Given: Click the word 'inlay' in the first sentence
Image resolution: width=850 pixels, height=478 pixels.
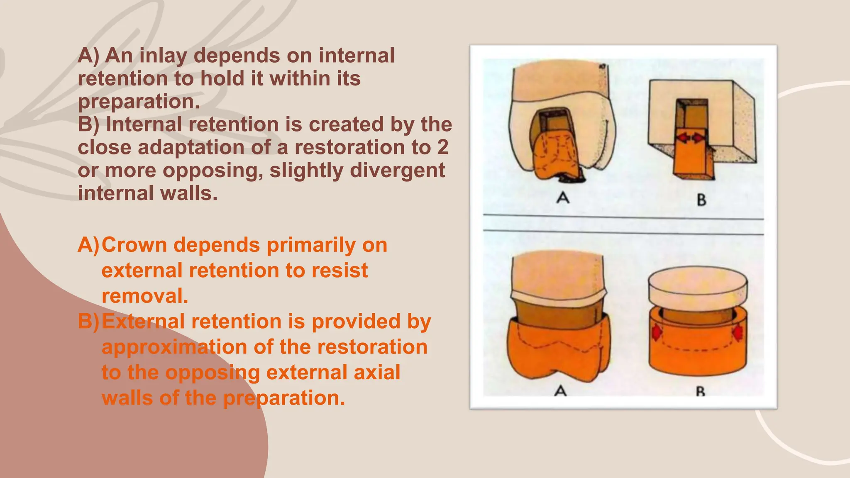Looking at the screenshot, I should click(163, 56).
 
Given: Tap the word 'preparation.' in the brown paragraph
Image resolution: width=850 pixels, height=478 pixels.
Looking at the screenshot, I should click(139, 102).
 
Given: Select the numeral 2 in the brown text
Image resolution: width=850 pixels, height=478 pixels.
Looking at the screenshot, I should click(442, 147).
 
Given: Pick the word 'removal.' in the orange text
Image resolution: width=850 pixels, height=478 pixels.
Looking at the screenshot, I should click(145, 296).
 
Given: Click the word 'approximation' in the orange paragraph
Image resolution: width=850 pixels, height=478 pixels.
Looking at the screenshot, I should click(174, 347).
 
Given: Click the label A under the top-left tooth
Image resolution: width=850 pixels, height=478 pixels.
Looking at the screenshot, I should click(563, 198).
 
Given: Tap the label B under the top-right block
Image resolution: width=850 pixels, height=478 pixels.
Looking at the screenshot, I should click(701, 200).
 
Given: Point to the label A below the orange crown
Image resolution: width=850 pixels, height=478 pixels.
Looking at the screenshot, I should click(560, 390).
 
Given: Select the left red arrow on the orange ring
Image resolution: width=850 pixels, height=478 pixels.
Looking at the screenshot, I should click(656, 332).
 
